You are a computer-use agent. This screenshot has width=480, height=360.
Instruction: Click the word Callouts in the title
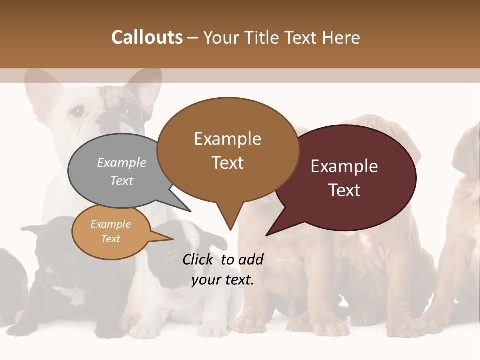(x=147, y=37)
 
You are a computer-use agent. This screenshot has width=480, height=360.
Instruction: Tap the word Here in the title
(x=341, y=37)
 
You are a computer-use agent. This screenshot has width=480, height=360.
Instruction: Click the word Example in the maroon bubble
(x=344, y=166)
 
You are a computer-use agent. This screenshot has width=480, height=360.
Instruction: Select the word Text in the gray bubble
(x=122, y=181)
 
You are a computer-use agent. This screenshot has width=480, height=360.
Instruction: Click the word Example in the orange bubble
(x=110, y=224)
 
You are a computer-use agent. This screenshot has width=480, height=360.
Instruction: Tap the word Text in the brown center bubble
(x=228, y=163)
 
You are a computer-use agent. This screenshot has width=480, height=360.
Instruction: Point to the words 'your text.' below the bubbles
(x=223, y=280)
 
